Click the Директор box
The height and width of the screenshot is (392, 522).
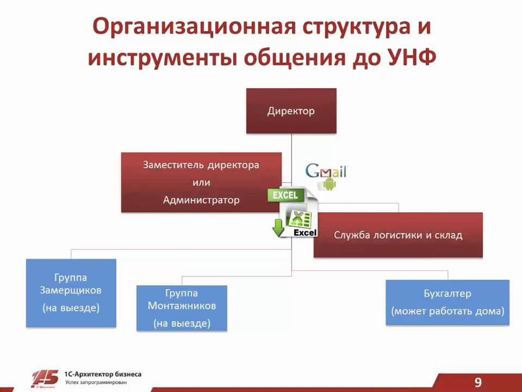(291, 111)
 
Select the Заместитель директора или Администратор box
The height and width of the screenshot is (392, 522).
(201, 182)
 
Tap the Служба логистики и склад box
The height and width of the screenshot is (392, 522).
(398, 235)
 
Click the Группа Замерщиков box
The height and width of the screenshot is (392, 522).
(71, 292)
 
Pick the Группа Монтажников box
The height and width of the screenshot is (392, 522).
(182, 308)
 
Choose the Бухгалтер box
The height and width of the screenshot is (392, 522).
(448, 302)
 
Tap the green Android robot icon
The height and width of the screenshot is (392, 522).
(330, 185)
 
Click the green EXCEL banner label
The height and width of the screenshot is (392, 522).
(285, 195)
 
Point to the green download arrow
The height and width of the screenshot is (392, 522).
(278, 228)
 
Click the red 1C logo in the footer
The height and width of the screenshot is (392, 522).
(45, 378)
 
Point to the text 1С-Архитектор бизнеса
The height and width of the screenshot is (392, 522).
(103, 374)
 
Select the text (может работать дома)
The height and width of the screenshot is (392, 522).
(448, 312)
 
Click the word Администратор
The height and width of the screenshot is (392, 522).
(201, 200)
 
